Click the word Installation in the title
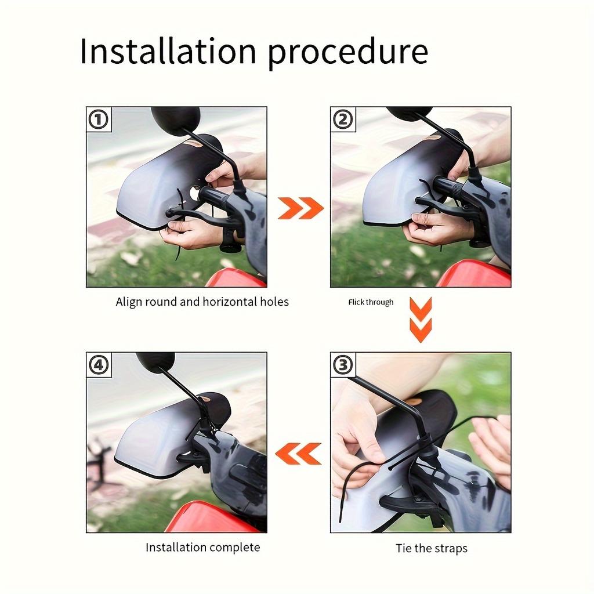[169, 51]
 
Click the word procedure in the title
[348, 53]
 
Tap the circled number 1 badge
[99, 119]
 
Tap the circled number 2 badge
[343, 119]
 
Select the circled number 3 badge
[343, 365]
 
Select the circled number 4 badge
[99, 365]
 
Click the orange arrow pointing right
[300, 208]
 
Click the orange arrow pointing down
[421, 320]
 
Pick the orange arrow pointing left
[298, 454]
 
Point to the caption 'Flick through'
[371, 302]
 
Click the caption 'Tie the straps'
[432, 548]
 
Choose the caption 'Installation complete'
[202, 548]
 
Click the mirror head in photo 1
[175, 119]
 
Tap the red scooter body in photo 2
[473, 274]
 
